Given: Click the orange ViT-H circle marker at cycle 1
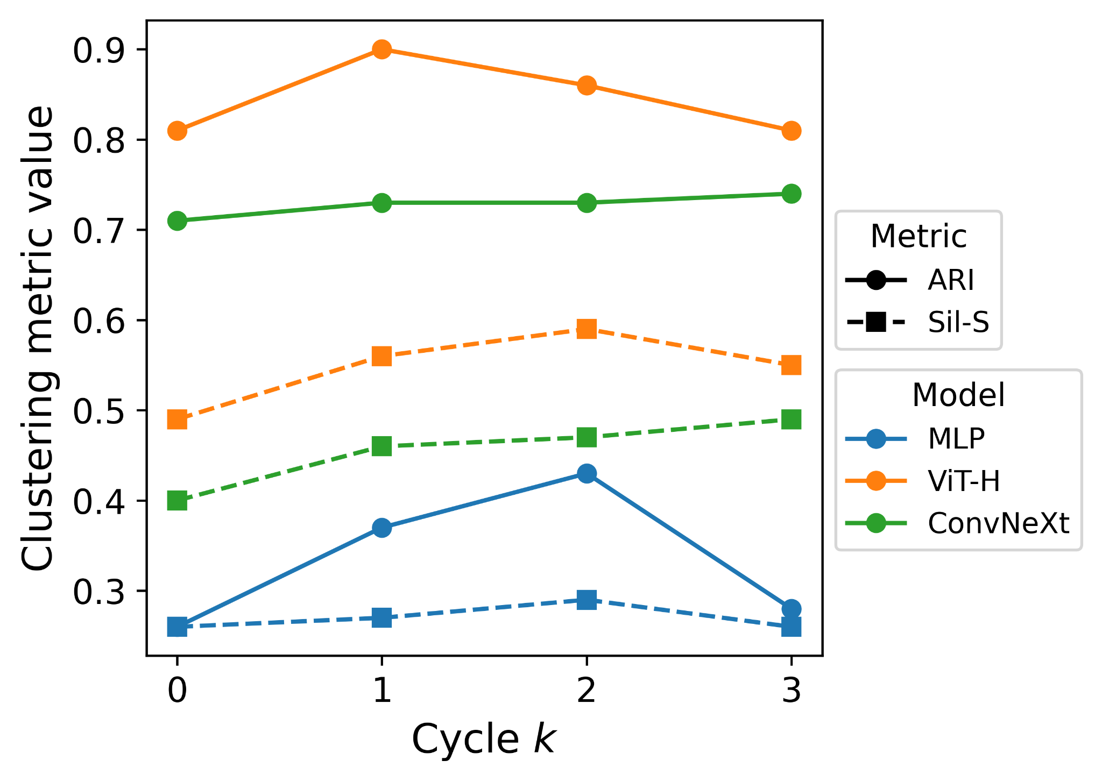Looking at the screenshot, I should pyautogui.click(x=382, y=49).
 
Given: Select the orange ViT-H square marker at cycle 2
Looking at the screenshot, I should pyautogui.click(x=587, y=329).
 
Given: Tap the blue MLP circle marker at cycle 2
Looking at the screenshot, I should pyautogui.click(x=587, y=474).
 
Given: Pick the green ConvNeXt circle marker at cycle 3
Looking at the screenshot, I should pyautogui.click(x=791, y=194).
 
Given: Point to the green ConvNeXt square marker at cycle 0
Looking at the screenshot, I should pyautogui.click(x=177, y=501).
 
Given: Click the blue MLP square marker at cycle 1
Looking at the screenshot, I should pyautogui.click(x=382, y=618).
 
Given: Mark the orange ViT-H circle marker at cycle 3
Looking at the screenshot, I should pyautogui.click(x=791, y=131).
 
